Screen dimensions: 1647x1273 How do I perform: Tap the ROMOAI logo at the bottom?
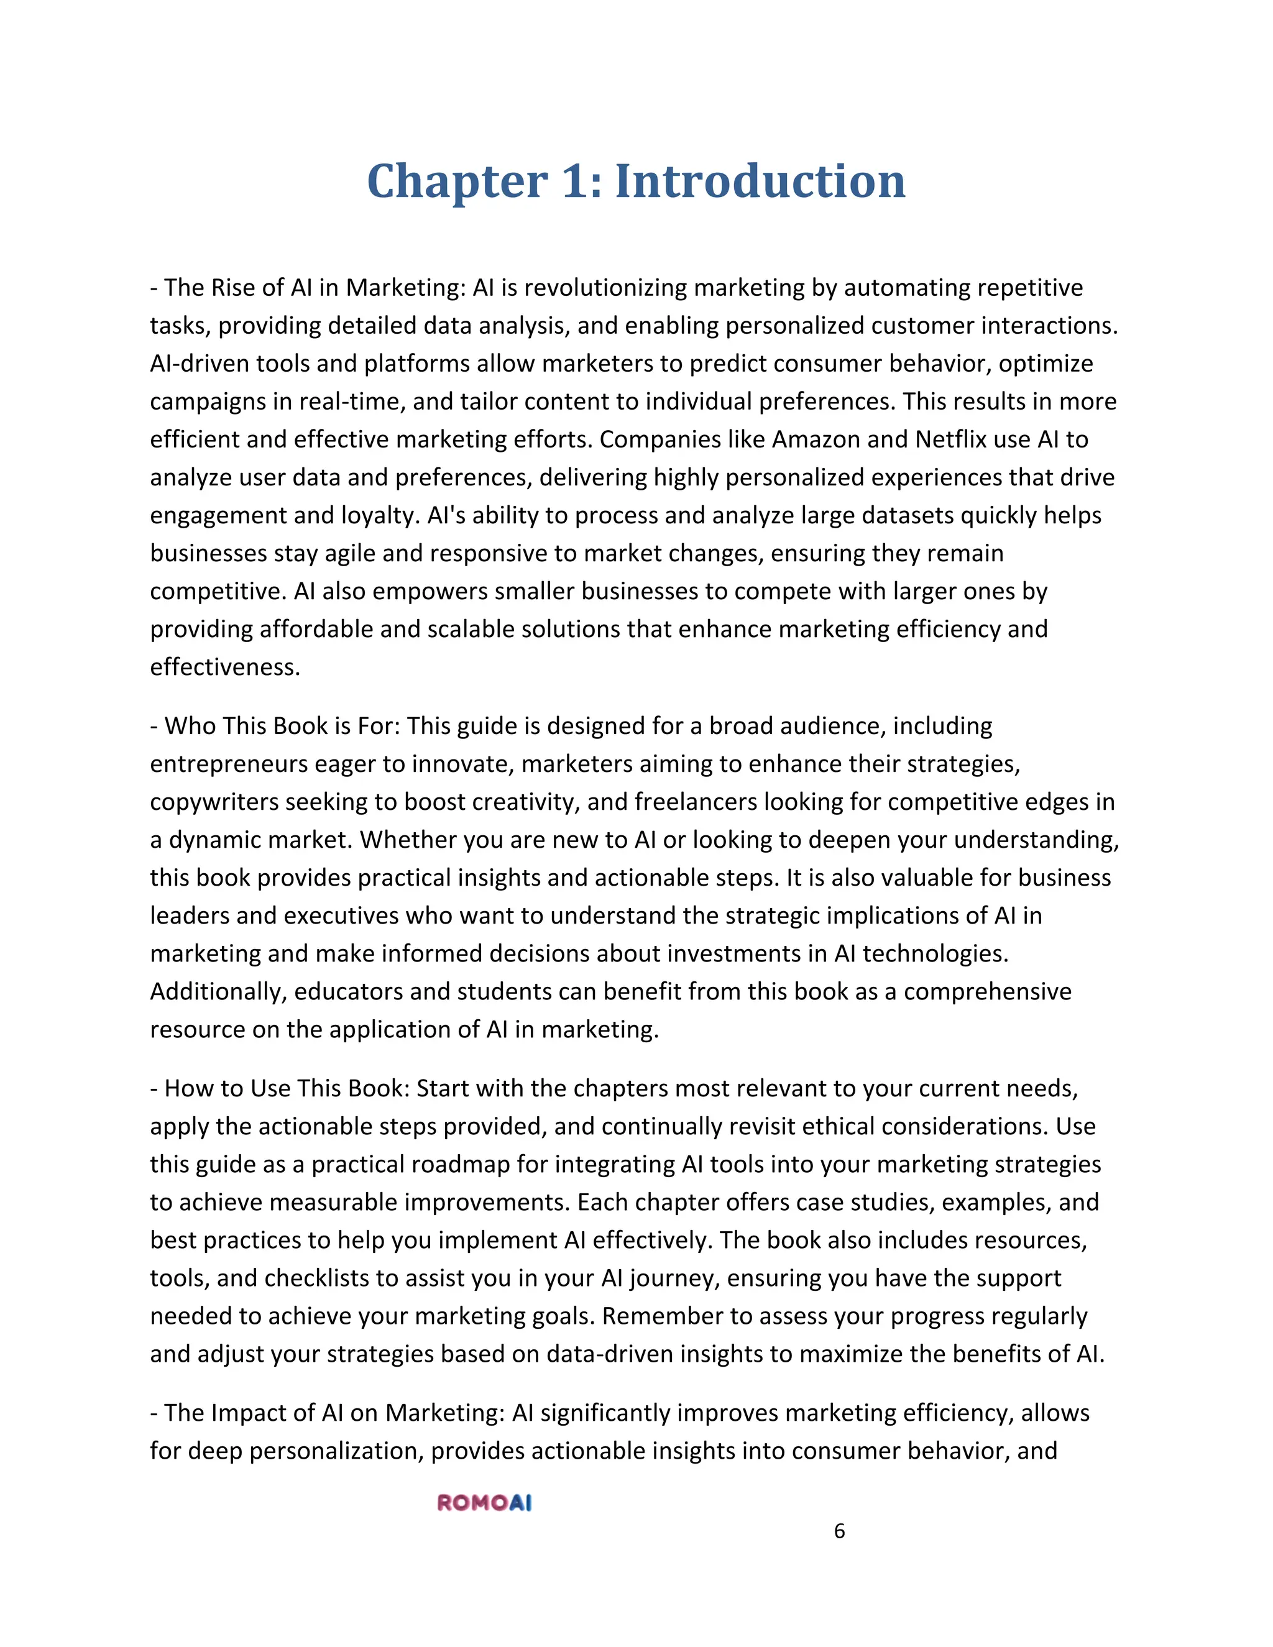tap(484, 1503)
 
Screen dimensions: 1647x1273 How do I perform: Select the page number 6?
tap(839, 1531)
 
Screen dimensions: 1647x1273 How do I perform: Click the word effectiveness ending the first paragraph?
tap(224, 667)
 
